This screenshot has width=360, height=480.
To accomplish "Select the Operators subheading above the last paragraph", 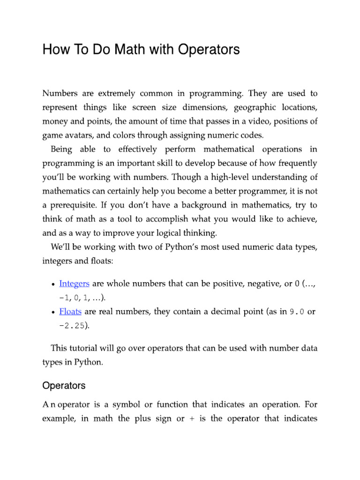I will pos(64,386).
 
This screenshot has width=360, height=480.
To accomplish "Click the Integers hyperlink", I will pos(74,284).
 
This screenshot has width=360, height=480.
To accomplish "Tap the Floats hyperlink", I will pos(70,312).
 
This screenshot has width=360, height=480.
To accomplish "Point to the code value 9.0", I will pos(297,312).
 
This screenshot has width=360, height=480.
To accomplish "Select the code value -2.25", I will pos(72,326).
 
